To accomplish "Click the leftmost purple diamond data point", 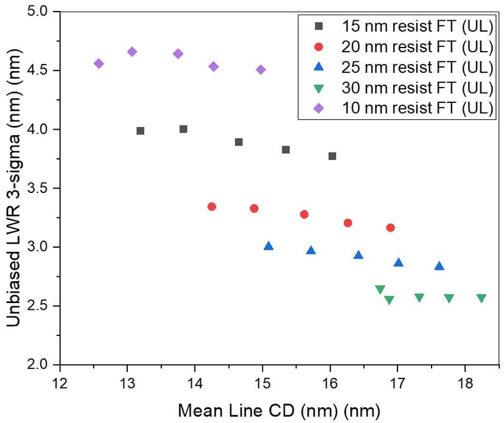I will coord(99,63).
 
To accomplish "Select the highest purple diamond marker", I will coord(132,52).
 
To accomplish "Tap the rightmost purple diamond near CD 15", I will coord(261,69).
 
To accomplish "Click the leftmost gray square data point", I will coord(141,131).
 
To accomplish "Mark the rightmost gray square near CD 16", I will coord(332,156).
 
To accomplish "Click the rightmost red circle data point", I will coord(390,228).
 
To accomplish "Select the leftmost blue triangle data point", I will coord(268,246).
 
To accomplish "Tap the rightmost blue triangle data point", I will coord(439,266).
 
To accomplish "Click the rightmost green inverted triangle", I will coord(481,298).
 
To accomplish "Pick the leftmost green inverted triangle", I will coord(380,290).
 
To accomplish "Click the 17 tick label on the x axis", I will coord(397,384).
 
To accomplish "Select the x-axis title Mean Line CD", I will coord(279,408).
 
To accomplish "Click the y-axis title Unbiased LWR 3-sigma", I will coord(13,189).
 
